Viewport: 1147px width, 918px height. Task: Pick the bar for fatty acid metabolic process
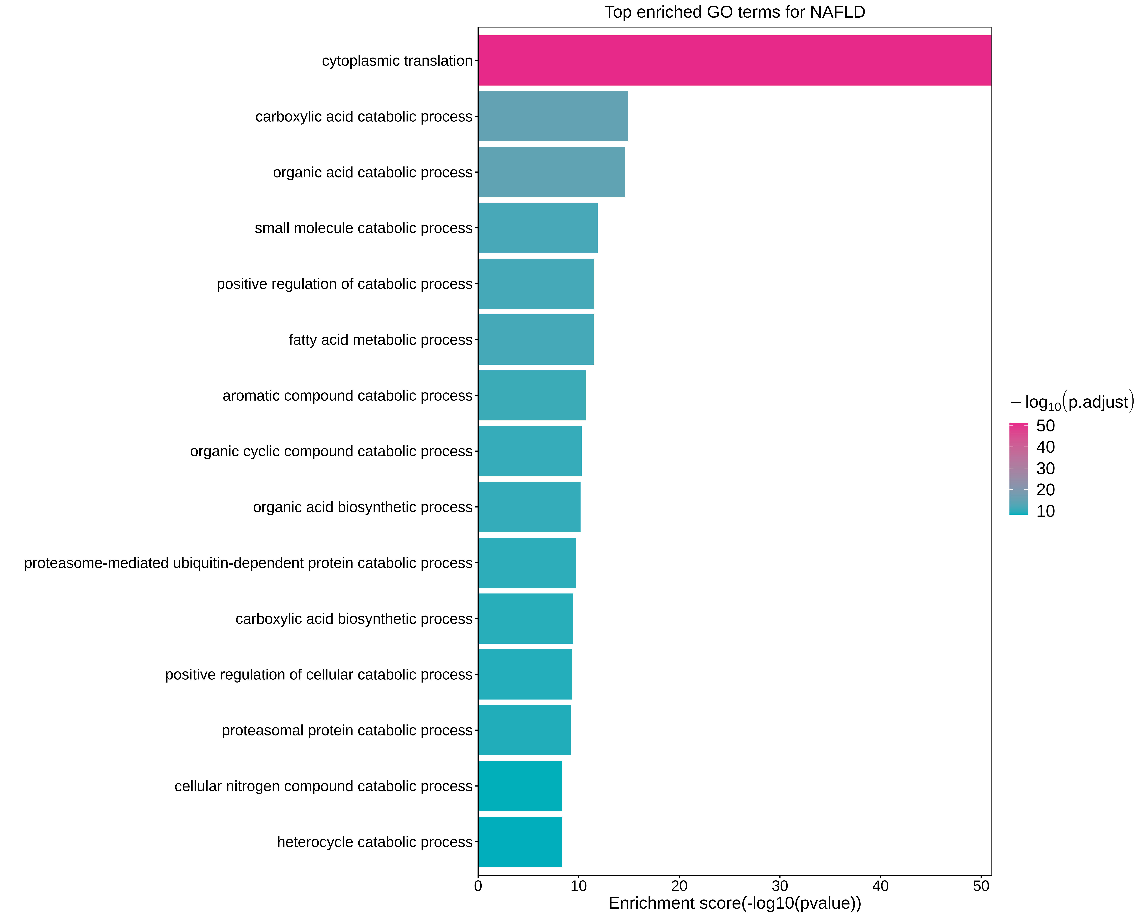coord(536,340)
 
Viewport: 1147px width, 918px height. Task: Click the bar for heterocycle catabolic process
coord(520,842)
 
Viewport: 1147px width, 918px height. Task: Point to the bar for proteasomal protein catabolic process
coord(524,730)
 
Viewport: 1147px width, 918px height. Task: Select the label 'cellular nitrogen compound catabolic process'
coord(323,786)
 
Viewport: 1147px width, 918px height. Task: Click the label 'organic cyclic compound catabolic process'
coord(331,451)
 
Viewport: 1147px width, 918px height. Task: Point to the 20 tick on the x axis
coord(679,886)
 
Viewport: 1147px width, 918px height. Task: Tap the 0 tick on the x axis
coord(478,886)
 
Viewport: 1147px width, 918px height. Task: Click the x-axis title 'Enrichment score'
coord(734,904)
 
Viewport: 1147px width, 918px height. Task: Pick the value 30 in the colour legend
coord(1045,468)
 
